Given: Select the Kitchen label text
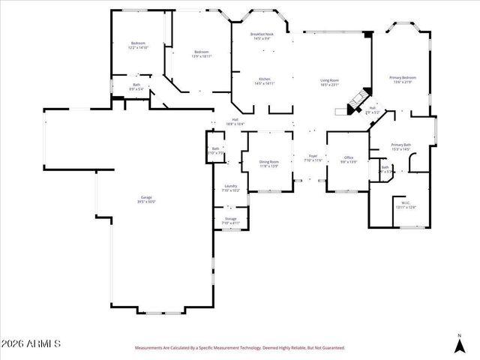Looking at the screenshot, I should (265, 81).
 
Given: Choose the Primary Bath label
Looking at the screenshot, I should (400, 146).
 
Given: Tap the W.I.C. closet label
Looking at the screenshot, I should (405, 204).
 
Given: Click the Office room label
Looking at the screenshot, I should (349, 160).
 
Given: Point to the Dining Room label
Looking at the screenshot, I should (269, 163).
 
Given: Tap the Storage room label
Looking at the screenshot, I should (231, 220).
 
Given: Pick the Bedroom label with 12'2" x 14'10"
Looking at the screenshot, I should (138, 45).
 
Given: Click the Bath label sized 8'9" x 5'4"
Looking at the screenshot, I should (136, 87).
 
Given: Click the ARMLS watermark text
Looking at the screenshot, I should (30, 343).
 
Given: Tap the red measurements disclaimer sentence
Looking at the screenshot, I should (239, 348).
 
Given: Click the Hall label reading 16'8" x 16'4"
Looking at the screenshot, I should (235, 121).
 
